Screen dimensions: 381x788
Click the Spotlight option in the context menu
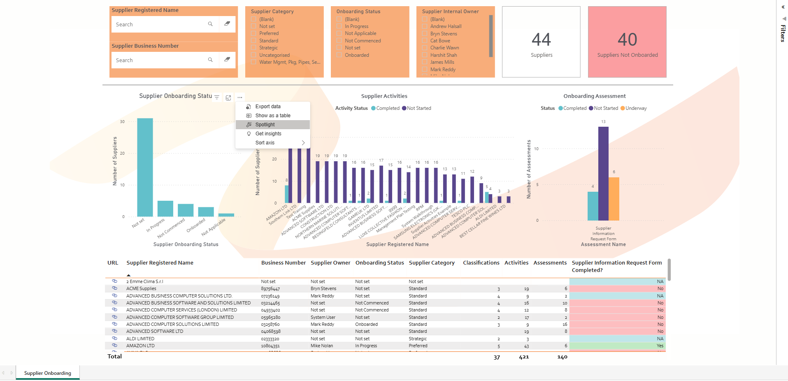pos(265,125)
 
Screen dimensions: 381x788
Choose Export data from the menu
pos(267,107)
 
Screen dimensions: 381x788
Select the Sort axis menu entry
pos(265,143)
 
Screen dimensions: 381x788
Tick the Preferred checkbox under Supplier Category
pos(254,33)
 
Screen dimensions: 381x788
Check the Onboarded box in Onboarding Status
pos(339,55)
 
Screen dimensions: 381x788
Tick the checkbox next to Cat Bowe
pos(425,41)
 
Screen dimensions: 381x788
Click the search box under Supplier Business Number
pos(160,60)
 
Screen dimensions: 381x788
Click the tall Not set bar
pos(145,167)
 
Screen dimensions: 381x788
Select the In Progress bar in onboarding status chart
pos(165,209)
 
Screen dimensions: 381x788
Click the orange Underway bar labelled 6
pos(614,199)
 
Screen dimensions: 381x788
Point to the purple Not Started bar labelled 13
pos(603,173)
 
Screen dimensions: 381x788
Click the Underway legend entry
pos(636,108)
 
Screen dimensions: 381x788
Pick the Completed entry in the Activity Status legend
pos(387,108)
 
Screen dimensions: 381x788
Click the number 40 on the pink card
pos(627,39)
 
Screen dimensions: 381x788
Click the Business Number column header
pos(283,263)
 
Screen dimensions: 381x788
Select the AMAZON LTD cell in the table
pos(140,346)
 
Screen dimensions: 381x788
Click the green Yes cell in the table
pos(617,346)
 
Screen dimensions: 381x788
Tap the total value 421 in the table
pos(524,357)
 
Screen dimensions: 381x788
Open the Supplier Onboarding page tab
pos(48,373)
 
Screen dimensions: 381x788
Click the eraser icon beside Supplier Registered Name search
pos(227,24)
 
